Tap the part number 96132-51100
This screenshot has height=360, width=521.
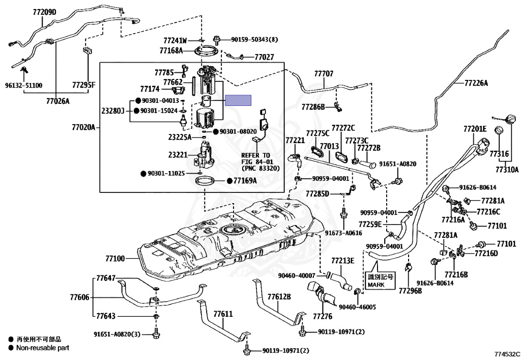pos(24,86)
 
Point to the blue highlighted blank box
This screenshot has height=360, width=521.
pos(239,100)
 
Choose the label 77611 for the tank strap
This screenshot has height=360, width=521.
pos(222,314)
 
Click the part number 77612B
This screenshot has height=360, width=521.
pos(279,296)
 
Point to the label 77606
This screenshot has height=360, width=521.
pos(79,297)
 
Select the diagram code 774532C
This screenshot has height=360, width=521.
pos(507,353)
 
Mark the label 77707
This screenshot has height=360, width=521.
pos(324,74)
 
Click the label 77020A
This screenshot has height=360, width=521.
pos(83,127)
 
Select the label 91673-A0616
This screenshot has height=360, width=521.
pos(343,233)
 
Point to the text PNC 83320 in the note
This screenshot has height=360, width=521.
pos(260,168)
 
